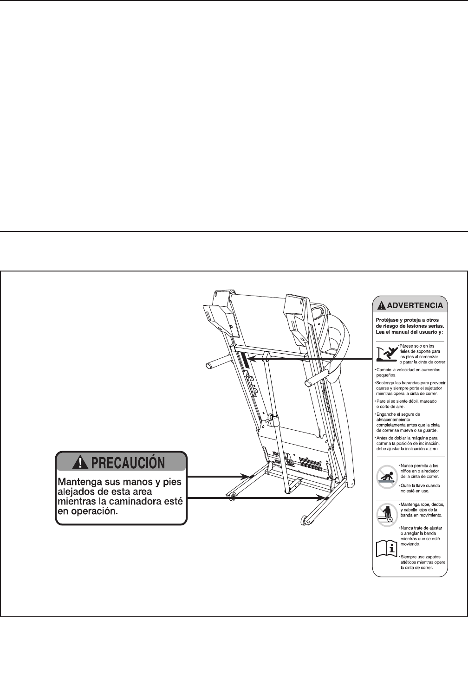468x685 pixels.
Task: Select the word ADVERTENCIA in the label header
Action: coord(415,305)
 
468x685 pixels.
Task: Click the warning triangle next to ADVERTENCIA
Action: coord(381,305)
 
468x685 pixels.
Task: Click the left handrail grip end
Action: coord(209,366)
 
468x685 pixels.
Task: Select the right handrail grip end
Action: coord(308,382)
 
